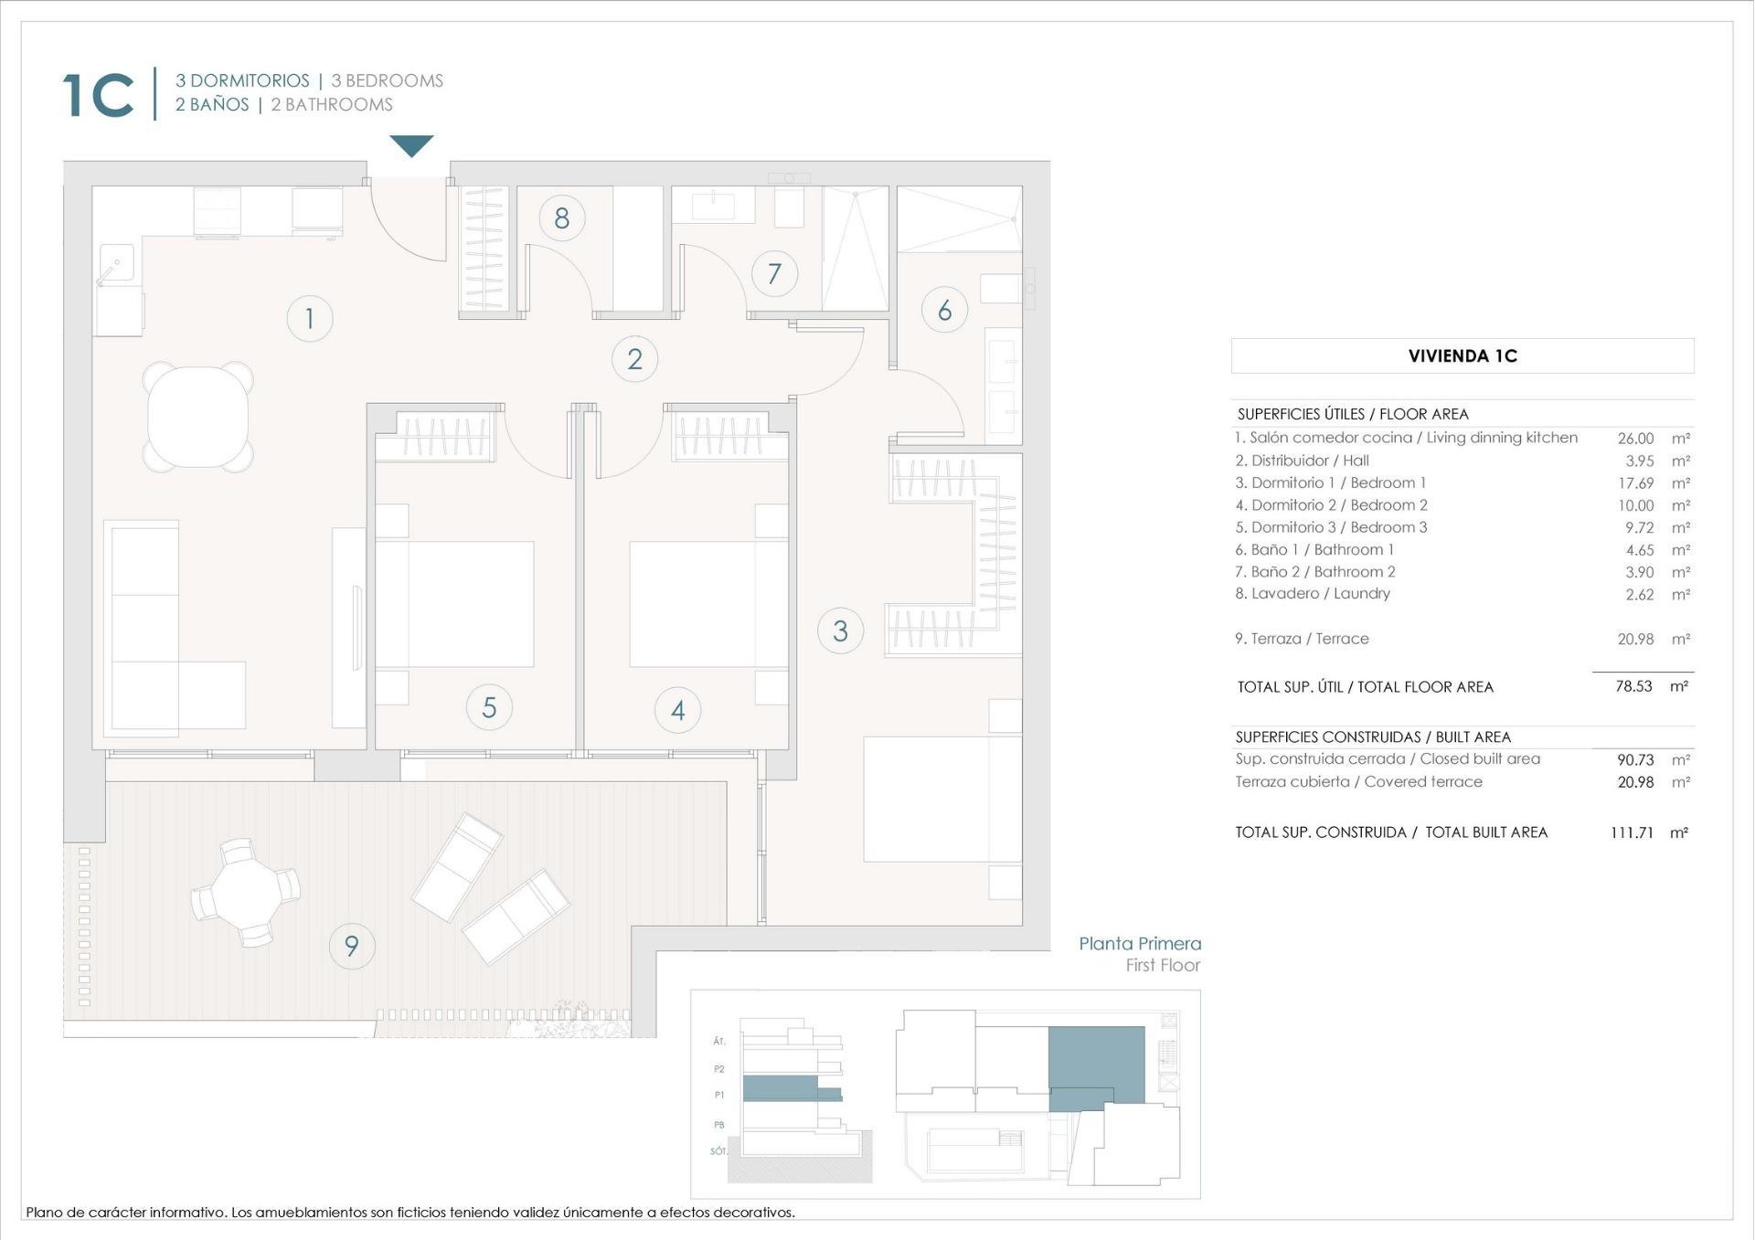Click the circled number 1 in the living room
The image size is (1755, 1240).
coord(309,318)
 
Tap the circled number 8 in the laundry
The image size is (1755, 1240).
coord(561,218)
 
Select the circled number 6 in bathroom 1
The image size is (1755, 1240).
coord(944,310)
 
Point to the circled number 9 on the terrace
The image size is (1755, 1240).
coord(351,946)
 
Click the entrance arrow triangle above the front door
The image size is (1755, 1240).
coord(411,145)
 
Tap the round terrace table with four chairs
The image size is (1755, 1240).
coord(245,892)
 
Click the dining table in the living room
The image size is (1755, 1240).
coord(197,417)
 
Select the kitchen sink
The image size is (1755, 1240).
coord(117,263)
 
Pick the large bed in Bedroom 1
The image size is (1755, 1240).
coord(941,799)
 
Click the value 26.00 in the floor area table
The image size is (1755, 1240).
coord(1634,439)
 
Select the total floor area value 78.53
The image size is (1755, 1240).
coord(1633,686)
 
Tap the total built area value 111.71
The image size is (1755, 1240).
coord(1632,832)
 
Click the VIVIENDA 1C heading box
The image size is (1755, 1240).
coord(1462,356)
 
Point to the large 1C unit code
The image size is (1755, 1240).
coord(99,95)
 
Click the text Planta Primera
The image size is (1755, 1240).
coord(1139,944)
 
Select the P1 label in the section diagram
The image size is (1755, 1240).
coord(719,1095)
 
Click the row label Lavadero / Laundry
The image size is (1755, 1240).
coord(1313,594)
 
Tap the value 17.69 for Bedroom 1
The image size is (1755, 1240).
coord(1634,483)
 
